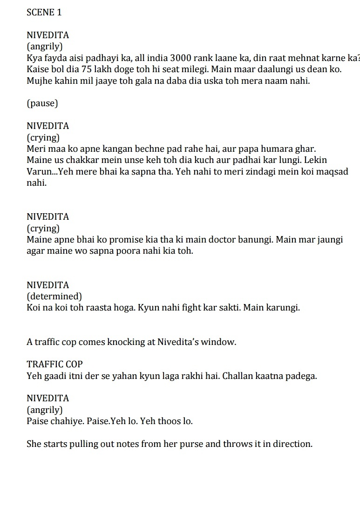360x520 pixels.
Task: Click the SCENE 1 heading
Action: (44, 13)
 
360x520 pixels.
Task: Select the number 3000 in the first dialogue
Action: (182, 58)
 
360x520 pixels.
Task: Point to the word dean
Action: (319, 69)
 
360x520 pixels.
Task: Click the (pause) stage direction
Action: (42, 103)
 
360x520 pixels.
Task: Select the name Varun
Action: (39, 171)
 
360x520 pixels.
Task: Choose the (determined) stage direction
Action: (54, 297)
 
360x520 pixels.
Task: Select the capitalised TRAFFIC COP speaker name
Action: (54, 365)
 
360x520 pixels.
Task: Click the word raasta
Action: (100, 308)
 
